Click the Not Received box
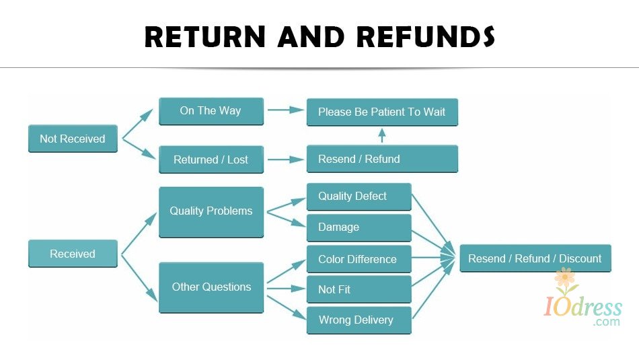point(73,139)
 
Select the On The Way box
point(211,111)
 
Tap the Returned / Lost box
point(211,159)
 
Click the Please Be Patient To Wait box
point(382,112)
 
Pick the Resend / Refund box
point(382,159)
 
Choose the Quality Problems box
point(211,211)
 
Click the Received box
point(73,254)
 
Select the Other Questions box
point(211,287)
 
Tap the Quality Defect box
point(359,196)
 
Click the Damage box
point(359,227)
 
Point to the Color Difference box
point(359,259)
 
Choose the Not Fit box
point(359,289)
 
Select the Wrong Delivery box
point(359,320)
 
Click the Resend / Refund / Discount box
point(535,258)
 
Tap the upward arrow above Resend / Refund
point(382,135)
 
